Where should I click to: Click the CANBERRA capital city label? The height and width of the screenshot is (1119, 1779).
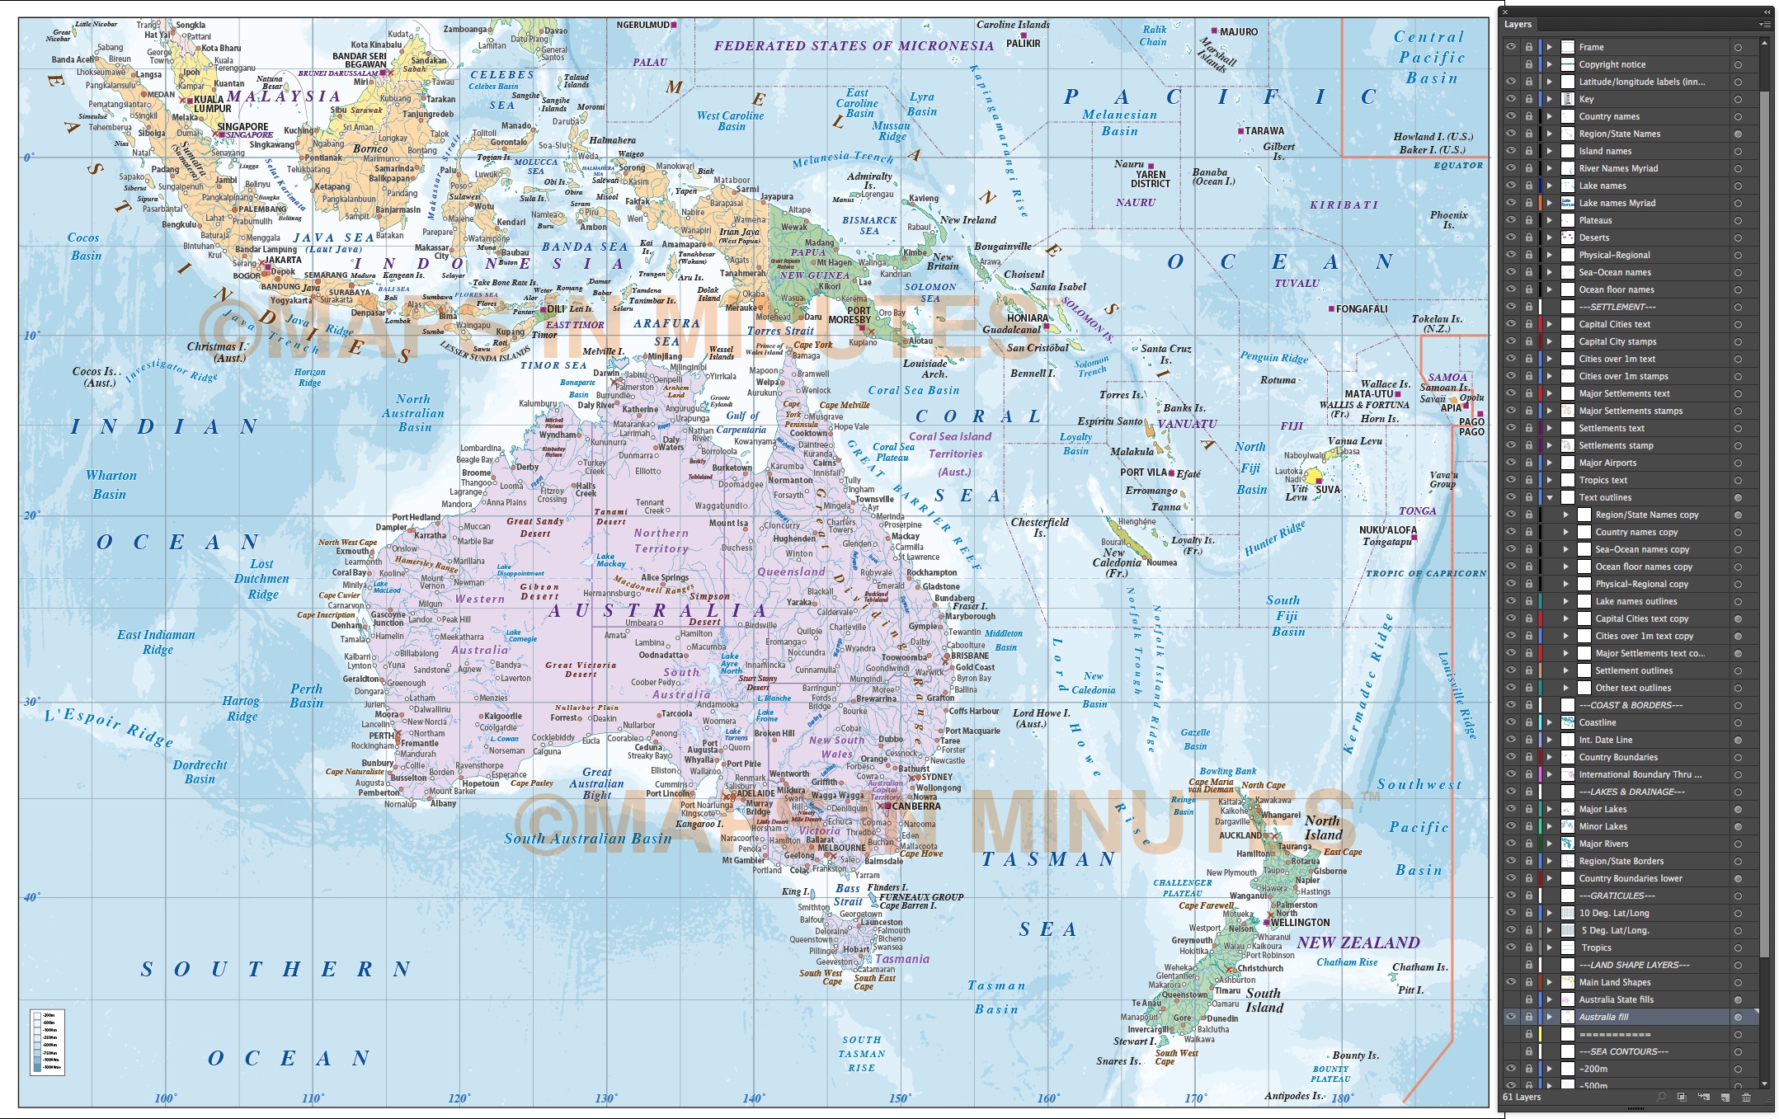click(x=915, y=806)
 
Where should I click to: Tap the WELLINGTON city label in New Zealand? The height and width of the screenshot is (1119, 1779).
click(x=1300, y=923)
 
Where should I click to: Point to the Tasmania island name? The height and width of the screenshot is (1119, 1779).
click(x=901, y=959)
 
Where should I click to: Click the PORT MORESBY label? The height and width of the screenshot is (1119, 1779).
click(x=849, y=315)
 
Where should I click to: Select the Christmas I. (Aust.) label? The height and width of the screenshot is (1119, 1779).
click(x=218, y=352)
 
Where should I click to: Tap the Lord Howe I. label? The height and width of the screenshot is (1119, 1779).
click(x=1041, y=718)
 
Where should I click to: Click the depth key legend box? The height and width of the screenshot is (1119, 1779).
click(x=47, y=1041)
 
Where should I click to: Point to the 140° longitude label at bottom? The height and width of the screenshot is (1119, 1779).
click(x=752, y=1098)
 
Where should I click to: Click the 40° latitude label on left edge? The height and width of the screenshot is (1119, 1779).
click(x=31, y=897)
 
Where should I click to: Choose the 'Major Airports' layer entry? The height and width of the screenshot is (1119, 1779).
click(x=1607, y=463)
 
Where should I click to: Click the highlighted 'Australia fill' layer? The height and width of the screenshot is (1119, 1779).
click(x=1603, y=1017)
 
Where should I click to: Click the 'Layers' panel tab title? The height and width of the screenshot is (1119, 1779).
click(x=1518, y=25)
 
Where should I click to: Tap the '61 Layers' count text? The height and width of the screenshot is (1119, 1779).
click(x=1521, y=1097)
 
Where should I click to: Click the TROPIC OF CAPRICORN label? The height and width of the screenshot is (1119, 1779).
click(x=1425, y=573)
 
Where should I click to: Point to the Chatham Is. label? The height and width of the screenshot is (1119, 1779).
click(x=1419, y=967)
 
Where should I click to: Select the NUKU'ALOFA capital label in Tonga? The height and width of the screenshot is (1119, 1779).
click(x=1387, y=530)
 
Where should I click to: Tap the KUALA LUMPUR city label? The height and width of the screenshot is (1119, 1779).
click(x=212, y=104)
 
